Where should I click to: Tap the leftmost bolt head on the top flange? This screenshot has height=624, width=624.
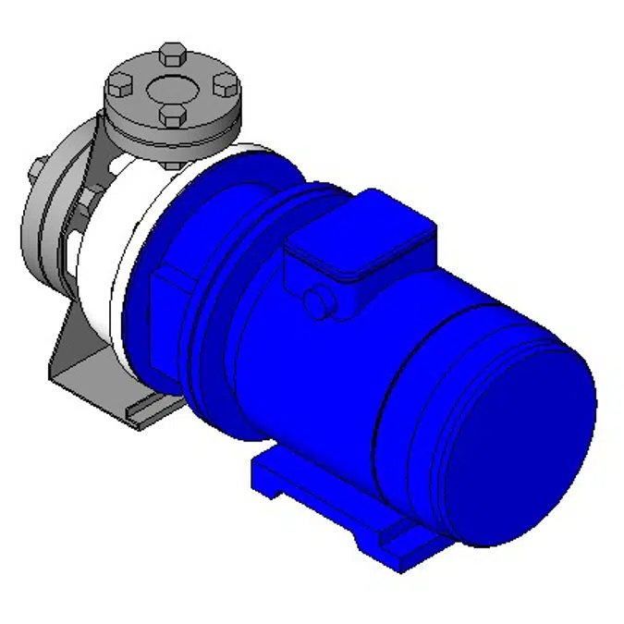(x=119, y=88)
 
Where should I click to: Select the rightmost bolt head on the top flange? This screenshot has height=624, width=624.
(x=225, y=85)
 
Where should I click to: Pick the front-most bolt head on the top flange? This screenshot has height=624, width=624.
(x=172, y=116)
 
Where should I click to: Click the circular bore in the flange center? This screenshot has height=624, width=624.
(x=171, y=90)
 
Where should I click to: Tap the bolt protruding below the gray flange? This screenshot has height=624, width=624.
(x=173, y=163)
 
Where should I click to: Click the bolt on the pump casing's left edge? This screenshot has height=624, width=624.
(x=35, y=170)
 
